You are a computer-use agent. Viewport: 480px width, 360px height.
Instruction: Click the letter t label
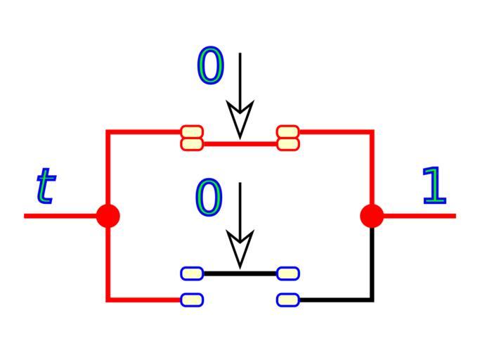(x=45, y=186)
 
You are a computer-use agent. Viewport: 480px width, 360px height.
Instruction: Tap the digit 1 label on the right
(x=434, y=186)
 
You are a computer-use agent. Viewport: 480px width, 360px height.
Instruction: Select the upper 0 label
(x=210, y=67)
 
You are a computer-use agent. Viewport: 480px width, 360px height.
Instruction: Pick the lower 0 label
(x=208, y=197)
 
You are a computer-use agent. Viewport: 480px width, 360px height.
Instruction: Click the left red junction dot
(x=108, y=216)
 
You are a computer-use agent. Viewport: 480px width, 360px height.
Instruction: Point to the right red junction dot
(x=372, y=216)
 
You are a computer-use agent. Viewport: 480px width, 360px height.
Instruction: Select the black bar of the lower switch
(x=240, y=273)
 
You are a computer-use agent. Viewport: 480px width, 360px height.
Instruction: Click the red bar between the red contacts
(x=240, y=144)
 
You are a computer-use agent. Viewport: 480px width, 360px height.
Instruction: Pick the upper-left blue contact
(x=192, y=273)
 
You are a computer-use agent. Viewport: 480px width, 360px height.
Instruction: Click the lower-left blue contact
(x=192, y=300)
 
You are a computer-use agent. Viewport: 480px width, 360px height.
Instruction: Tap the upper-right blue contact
(x=288, y=273)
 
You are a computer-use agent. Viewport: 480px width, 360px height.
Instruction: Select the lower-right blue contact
(x=288, y=300)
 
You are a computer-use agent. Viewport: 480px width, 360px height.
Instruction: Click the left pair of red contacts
(x=192, y=138)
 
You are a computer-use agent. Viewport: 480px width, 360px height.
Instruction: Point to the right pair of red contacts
(x=288, y=138)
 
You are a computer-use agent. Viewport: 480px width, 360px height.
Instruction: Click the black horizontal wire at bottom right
(x=334, y=300)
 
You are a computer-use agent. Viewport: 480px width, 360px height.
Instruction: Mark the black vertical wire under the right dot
(x=372, y=264)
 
